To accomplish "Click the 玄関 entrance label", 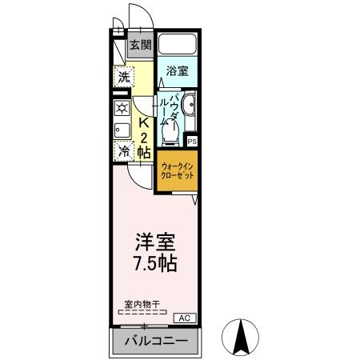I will click(x=141, y=45).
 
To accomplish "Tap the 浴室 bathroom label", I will click(x=177, y=70).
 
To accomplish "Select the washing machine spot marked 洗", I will click(x=123, y=78).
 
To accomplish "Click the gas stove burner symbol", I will click(x=122, y=109).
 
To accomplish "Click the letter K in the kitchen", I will click(x=145, y=124).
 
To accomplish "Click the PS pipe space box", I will click(x=192, y=142).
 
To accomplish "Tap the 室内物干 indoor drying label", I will click(x=142, y=305).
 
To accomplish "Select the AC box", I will click(x=184, y=318).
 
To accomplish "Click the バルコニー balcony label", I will click(x=156, y=343).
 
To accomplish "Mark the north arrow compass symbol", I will click(x=240, y=338).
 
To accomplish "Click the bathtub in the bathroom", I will click(x=177, y=44).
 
